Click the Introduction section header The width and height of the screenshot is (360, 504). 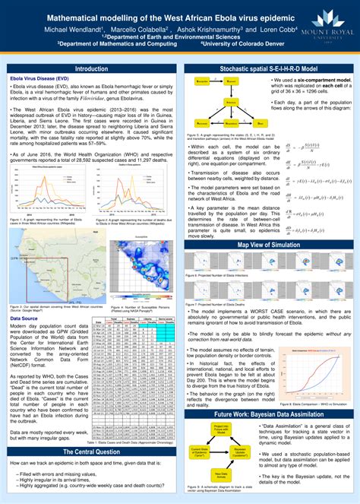91,68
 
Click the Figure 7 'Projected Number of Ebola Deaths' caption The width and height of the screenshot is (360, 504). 220,303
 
